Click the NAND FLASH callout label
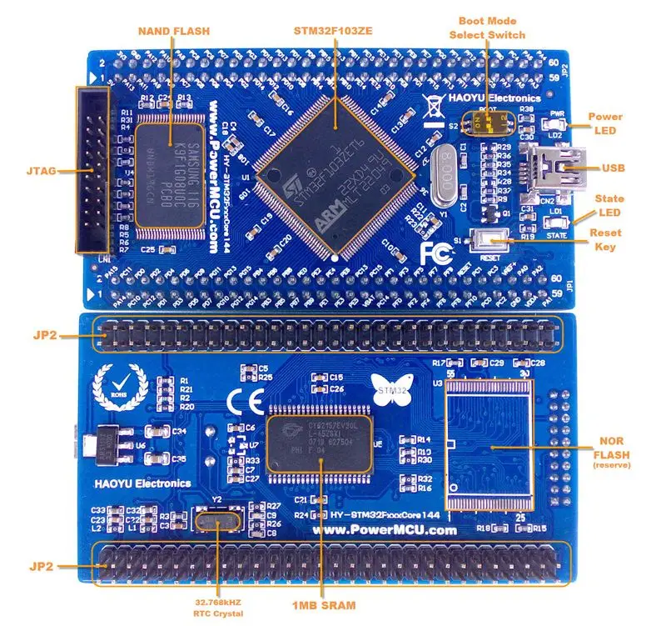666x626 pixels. point(172,31)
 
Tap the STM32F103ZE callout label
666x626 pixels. point(333,31)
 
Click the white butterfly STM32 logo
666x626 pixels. point(390,389)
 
